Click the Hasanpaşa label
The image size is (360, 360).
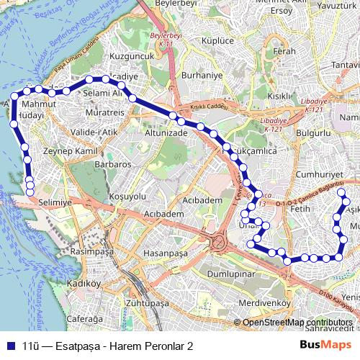pyautogui.click(x=165, y=254)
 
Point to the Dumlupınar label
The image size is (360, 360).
pyautogui.click(x=231, y=274)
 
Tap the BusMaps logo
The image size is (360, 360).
pyautogui.click(x=325, y=346)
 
